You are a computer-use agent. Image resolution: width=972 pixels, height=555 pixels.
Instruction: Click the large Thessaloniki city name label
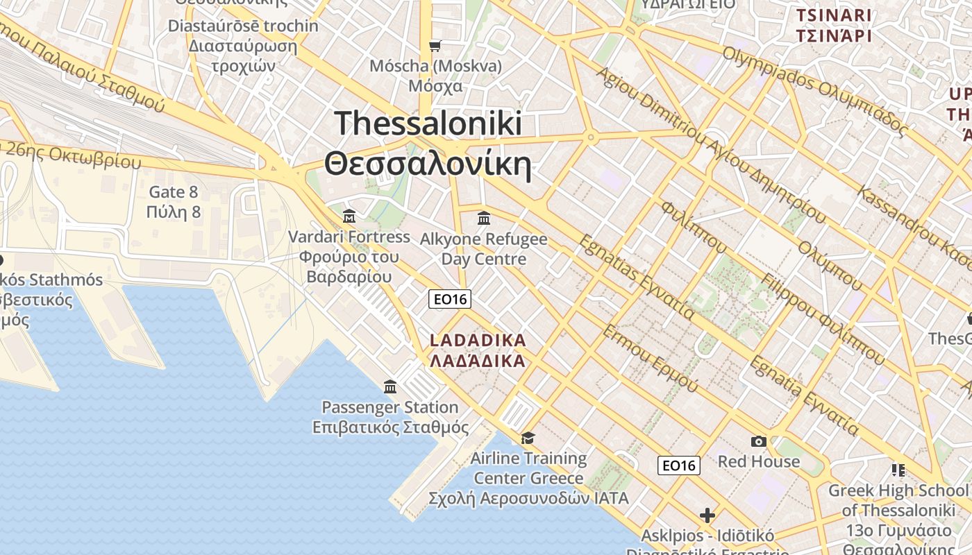[x=428, y=144]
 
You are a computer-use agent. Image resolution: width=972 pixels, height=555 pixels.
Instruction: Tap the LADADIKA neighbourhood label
[x=478, y=350]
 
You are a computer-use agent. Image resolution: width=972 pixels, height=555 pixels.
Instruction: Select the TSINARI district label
[x=834, y=26]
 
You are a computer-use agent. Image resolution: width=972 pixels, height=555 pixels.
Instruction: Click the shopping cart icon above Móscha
[x=435, y=46]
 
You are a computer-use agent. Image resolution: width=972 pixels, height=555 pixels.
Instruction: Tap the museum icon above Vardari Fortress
[x=349, y=216]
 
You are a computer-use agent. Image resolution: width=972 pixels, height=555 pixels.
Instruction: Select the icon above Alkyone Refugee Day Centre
[x=484, y=219]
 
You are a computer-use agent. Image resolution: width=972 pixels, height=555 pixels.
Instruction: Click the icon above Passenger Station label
[x=390, y=386]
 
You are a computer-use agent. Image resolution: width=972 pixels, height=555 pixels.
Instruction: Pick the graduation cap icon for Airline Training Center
[x=528, y=438]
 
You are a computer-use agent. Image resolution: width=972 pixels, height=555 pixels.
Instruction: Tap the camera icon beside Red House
[x=759, y=441]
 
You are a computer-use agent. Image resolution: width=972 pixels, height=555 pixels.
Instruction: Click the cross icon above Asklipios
[x=707, y=515]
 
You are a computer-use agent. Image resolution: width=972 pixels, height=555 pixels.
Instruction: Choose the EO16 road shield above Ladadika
[x=450, y=299]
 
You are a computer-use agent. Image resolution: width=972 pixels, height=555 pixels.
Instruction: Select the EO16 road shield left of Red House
[x=678, y=466]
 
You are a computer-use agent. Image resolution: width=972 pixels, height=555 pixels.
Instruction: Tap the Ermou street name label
[x=649, y=357]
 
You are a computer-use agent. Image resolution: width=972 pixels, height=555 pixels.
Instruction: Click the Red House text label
[x=759, y=461]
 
